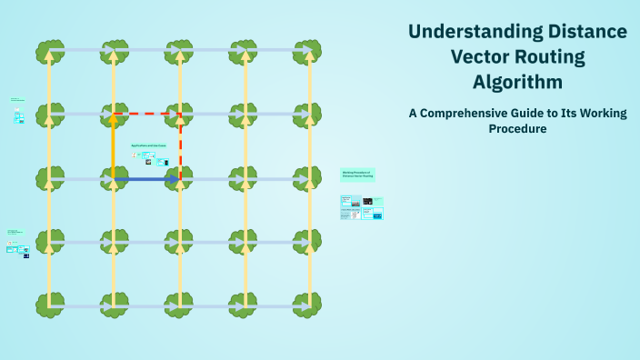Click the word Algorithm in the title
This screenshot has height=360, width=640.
517,81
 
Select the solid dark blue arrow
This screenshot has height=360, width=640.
145,179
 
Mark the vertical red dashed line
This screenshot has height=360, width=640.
180,145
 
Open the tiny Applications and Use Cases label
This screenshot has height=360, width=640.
148,145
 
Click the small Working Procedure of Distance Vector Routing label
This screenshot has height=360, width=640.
356,173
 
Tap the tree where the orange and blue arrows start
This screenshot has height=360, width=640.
114,179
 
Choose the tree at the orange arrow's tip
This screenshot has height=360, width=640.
114,115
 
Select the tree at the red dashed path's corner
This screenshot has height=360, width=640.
180,115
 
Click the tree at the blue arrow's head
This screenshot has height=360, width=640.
180,179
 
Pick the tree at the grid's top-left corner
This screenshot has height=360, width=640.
49,50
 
